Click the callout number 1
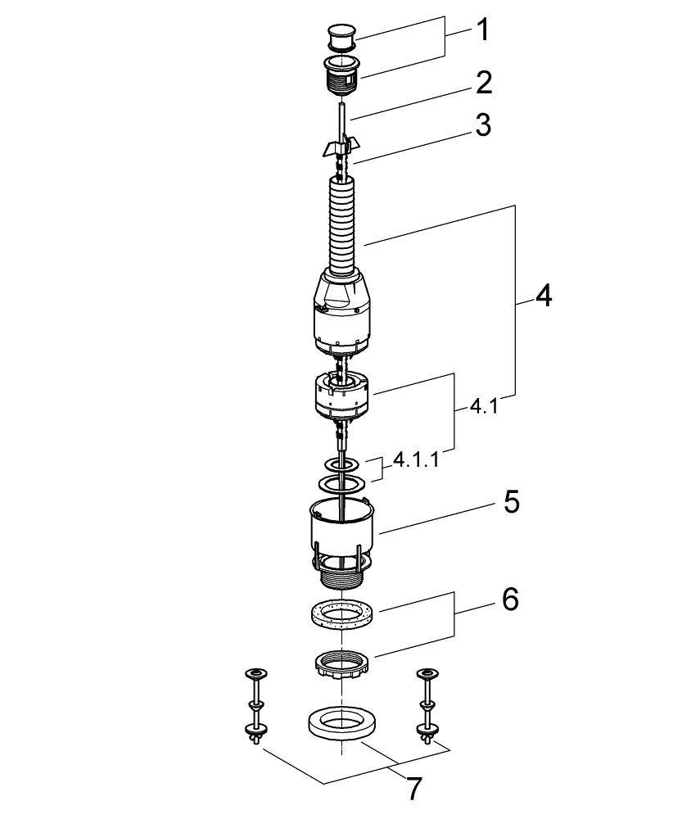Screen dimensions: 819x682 tap(482, 30)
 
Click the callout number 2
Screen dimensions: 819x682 tap(482, 82)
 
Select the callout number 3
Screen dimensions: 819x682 tap(482, 125)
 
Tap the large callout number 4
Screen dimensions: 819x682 tap(543, 296)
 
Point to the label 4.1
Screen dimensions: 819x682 tap(484, 406)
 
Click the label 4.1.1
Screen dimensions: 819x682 tap(415, 459)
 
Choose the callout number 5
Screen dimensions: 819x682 tap(511, 501)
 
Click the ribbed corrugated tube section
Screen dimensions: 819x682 tap(342, 225)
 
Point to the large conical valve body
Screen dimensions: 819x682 tap(344, 315)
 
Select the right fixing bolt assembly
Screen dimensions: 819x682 tap(426, 705)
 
